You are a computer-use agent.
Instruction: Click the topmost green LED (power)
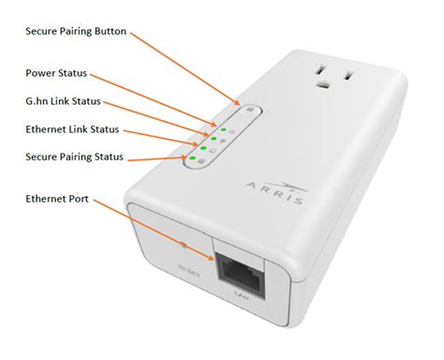tap(222, 124)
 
